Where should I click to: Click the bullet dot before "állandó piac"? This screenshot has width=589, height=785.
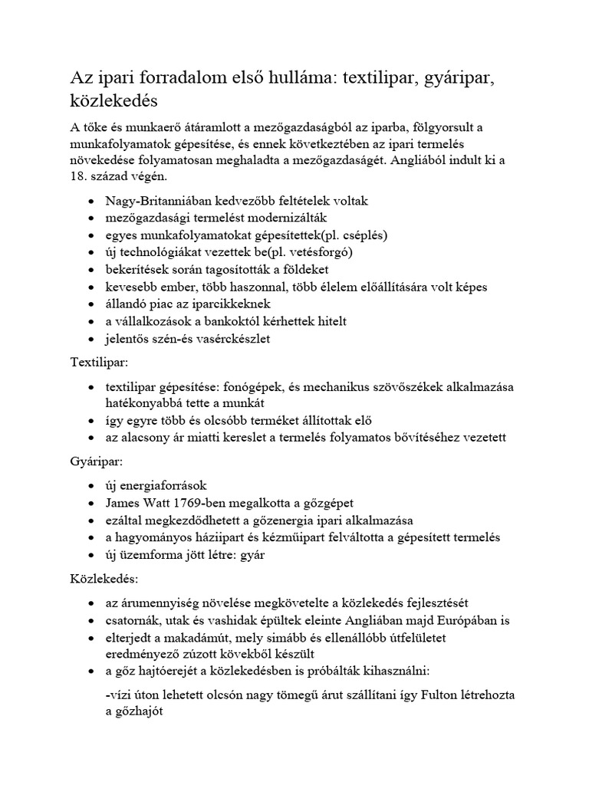tap(92, 304)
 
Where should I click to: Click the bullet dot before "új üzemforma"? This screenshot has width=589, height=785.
tap(92, 554)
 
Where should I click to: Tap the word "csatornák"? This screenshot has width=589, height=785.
tap(135, 619)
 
